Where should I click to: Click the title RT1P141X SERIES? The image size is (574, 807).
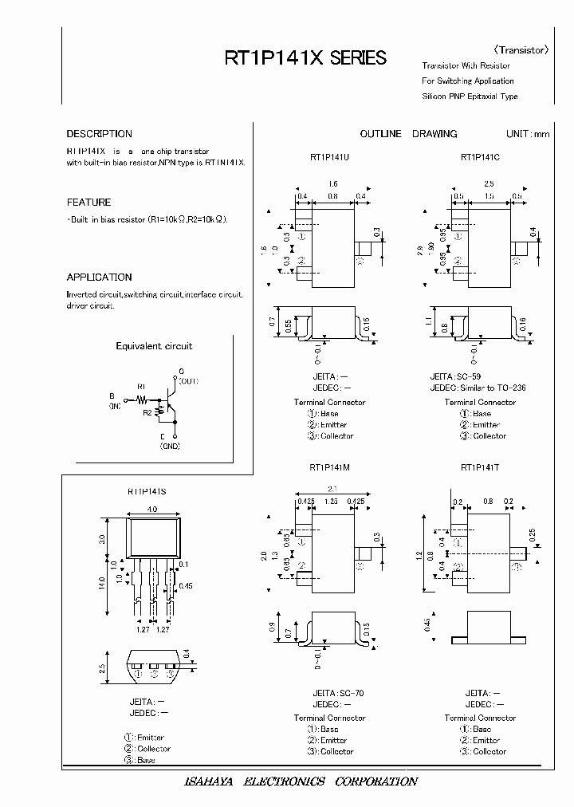pos(305,58)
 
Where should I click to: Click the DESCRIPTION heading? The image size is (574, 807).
pos(99,134)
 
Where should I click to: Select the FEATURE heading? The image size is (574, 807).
pos(88,203)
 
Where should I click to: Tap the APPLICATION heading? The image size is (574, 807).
pos(99,278)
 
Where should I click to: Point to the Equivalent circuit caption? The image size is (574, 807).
pos(154,346)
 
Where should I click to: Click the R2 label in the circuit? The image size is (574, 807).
pos(147,413)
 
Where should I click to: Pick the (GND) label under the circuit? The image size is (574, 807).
pos(170,447)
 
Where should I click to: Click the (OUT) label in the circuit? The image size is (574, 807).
pos(189,382)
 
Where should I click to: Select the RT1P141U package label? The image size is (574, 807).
pos(329,157)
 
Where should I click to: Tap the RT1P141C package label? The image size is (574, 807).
pos(480,157)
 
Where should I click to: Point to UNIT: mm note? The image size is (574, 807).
pos(528,134)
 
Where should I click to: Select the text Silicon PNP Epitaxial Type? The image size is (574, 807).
pos(470,96)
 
